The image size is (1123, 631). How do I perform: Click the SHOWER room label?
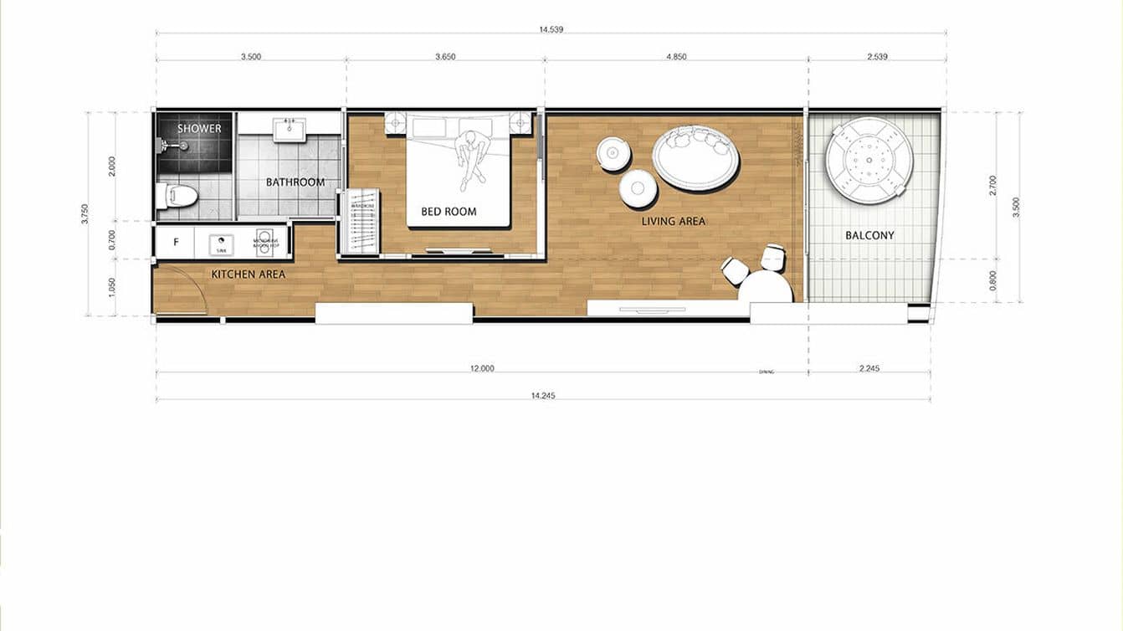coord(199,128)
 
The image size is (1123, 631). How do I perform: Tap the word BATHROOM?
coord(295,182)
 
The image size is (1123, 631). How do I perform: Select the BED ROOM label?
coord(449,212)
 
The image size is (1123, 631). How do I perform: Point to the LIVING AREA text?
coord(674,222)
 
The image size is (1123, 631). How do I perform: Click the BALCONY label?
coord(869,236)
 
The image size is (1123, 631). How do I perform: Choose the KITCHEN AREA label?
coord(248,274)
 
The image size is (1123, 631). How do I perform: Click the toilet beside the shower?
coord(177,196)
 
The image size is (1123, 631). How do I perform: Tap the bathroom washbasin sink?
coord(290,127)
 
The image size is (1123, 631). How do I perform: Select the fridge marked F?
coord(176,243)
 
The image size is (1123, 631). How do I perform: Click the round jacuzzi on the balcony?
coord(868,160)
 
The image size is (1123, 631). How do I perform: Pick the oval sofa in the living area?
coord(695,157)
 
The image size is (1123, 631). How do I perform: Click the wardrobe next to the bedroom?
coord(359,222)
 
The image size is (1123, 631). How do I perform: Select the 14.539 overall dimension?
coord(551,29)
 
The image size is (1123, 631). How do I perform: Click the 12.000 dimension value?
coord(482,368)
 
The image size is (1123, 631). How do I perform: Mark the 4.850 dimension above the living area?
coord(676,57)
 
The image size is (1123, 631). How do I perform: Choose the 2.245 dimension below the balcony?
coord(869,368)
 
